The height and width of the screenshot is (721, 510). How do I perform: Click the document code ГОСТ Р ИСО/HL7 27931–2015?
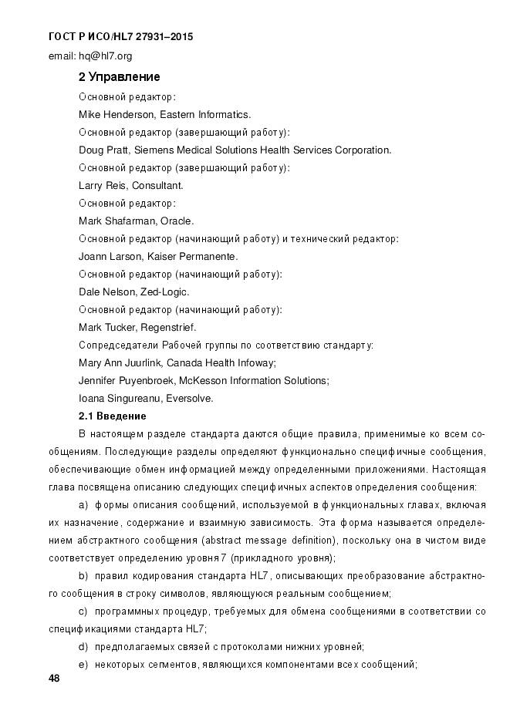pos(120,36)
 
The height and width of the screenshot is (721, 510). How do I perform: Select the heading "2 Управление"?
pos(119,77)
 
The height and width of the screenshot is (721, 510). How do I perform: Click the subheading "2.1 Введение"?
pos(113,416)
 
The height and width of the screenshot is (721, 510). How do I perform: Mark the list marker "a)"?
pos(83,504)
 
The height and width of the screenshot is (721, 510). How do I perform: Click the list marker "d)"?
pos(83,646)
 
